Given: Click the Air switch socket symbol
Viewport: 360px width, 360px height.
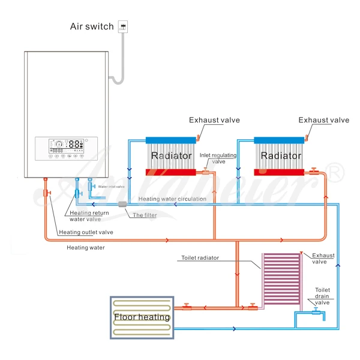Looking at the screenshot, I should [x=124, y=26].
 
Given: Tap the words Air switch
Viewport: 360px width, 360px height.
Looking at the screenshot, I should [x=92, y=26].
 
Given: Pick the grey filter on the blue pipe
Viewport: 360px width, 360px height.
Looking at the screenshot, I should [x=123, y=205].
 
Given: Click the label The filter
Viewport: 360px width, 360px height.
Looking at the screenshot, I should [x=145, y=215].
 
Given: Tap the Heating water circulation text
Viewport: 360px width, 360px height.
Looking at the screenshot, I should [x=172, y=199].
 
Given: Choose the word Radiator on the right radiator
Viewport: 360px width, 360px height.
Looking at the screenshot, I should [x=281, y=156].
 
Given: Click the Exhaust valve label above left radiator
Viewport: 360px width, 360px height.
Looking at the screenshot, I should [x=214, y=120].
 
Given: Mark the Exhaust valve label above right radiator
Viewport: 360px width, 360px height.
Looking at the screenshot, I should [x=323, y=120].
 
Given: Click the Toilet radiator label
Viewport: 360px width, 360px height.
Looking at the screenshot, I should [x=200, y=258].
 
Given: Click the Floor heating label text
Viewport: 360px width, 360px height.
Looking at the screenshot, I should [x=142, y=317].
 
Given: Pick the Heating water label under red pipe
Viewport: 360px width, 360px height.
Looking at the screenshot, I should [x=85, y=247].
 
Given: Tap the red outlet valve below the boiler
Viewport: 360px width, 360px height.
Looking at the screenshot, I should [x=46, y=193].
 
